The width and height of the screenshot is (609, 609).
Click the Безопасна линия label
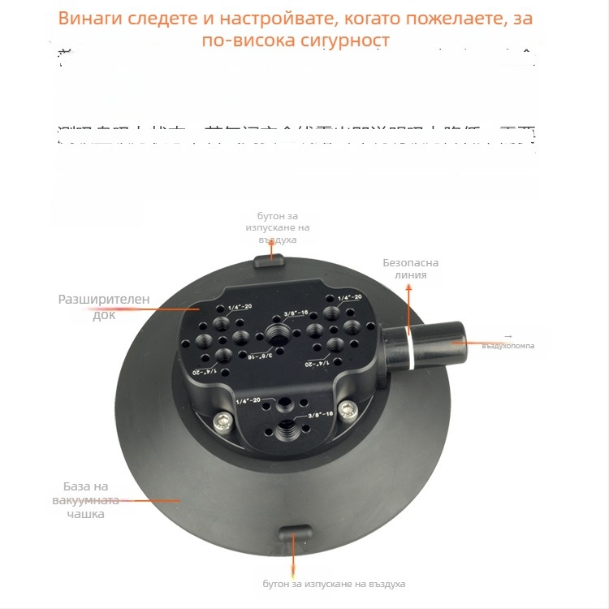point(412,269)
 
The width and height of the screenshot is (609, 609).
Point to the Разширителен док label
point(103,306)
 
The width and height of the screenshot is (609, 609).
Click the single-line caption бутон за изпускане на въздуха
point(334,584)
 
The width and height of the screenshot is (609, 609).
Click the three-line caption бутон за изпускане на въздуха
point(270,227)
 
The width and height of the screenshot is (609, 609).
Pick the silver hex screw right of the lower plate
point(348,408)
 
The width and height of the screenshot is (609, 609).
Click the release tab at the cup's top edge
point(269,261)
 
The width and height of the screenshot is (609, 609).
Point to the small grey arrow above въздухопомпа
point(508,335)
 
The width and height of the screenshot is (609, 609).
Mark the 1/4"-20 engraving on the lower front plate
point(247,400)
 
